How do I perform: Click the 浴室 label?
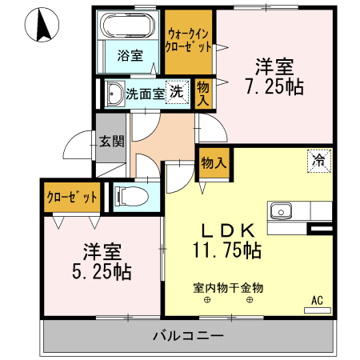130,55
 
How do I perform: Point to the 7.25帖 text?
274,86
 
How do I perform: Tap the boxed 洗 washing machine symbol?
174,91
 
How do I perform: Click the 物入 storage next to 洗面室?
202,93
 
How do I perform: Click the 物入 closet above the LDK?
214,162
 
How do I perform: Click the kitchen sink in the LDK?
281,212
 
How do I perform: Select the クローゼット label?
72,197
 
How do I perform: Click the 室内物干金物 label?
228,286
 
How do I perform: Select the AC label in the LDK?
317,301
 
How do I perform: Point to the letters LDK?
226,228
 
